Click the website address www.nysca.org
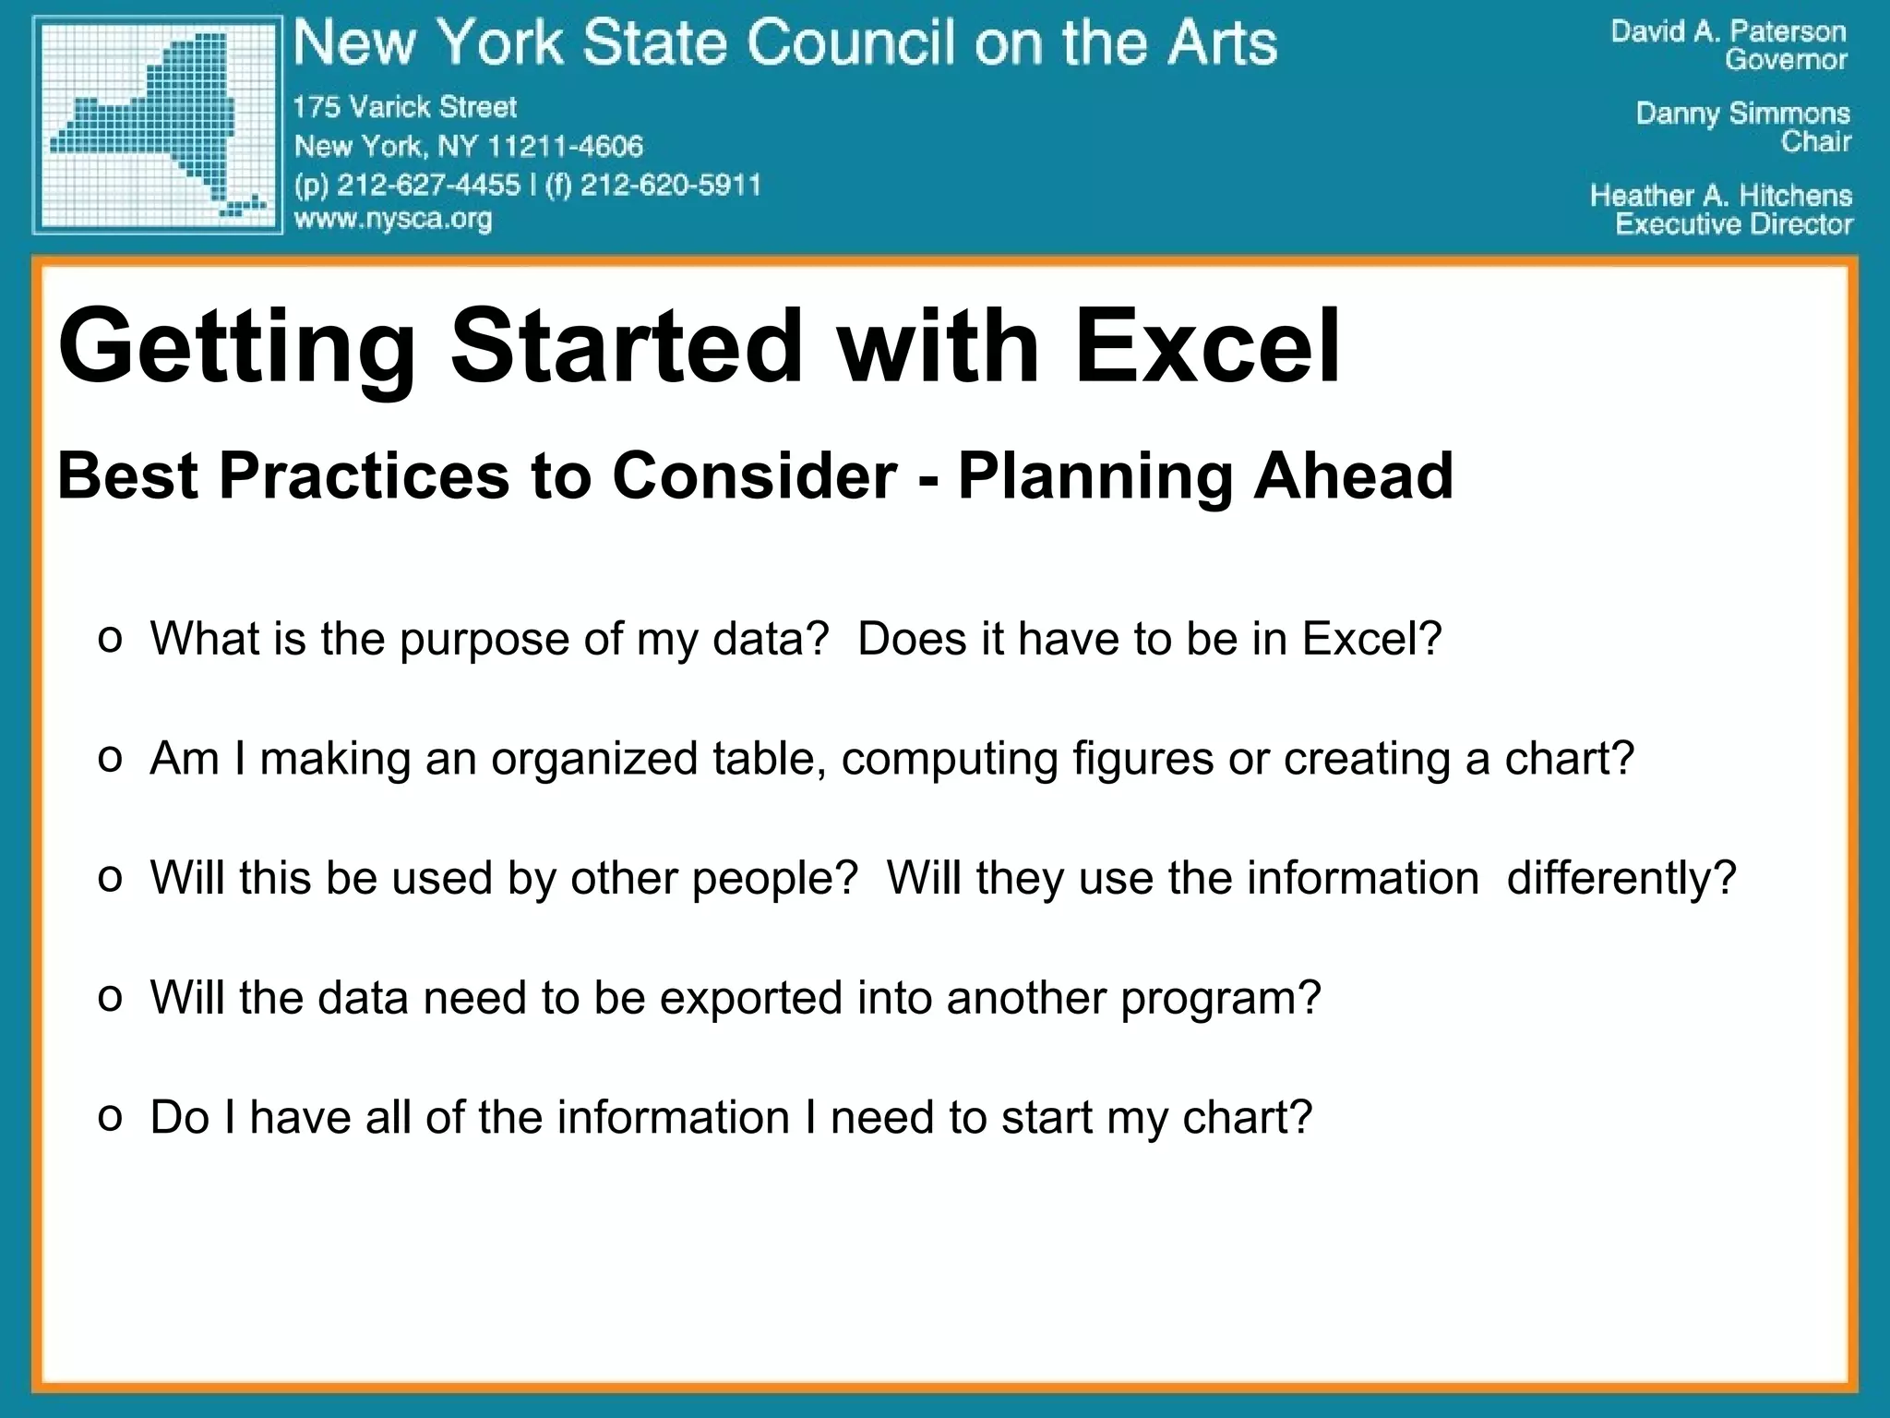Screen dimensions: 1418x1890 click(393, 220)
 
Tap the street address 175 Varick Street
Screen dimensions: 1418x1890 click(405, 107)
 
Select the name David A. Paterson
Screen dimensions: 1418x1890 click(1728, 31)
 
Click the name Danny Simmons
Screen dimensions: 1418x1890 click(1742, 114)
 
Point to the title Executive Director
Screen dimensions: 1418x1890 click(1733, 224)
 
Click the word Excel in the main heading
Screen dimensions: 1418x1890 click(1207, 346)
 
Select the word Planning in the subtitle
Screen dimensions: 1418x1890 click(1095, 477)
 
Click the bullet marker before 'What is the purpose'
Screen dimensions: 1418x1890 click(110, 639)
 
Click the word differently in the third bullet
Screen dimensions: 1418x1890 click(1621, 878)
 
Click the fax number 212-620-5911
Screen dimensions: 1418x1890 click(670, 185)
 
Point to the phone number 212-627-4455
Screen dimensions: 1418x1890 click(428, 185)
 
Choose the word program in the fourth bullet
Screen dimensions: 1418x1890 click(1221, 999)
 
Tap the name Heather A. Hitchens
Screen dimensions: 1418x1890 click(1720, 196)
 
